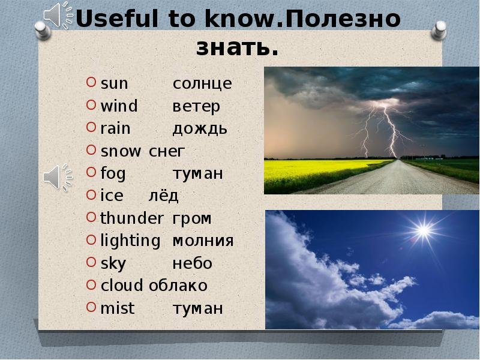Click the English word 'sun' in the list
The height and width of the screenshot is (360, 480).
(114, 83)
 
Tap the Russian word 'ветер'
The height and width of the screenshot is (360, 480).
(196, 107)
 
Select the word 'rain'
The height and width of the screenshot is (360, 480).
(115, 128)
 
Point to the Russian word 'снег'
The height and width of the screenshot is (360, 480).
(167, 151)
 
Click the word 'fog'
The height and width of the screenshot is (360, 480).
(113, 173)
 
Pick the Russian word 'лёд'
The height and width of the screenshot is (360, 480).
(163, 196)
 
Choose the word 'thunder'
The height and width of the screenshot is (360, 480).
(131, 218)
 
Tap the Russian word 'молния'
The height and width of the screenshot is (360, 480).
(203, 241)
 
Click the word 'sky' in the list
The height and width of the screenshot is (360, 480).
(113, 263)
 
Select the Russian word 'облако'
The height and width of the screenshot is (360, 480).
(178, 286)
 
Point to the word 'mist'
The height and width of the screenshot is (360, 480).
(118, 308)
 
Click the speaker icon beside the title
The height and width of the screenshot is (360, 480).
(58, 16)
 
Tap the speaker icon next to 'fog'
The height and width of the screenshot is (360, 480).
(58, 178)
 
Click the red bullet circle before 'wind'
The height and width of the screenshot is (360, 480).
(91, 105)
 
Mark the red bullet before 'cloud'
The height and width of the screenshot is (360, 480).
(91, 284)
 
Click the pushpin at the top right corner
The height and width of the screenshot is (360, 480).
(439, 30)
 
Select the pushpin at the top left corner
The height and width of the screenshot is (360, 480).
(43, 31)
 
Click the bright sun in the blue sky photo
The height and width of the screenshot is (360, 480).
(424, 230)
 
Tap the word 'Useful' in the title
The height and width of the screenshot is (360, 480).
(117, 19)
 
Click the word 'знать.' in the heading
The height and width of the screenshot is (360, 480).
(237, 47)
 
